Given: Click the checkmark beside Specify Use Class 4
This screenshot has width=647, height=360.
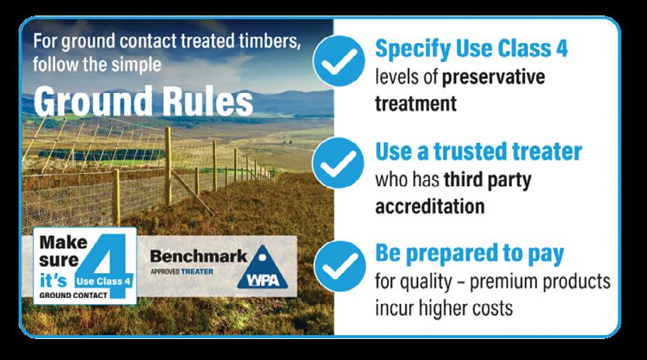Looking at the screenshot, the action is tap(339, 61).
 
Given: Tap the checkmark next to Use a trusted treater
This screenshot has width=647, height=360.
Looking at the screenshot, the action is tap(338, 163).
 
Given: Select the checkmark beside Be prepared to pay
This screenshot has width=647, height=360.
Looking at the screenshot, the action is tap(339, 266).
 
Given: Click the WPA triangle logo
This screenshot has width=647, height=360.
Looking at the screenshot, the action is tap(262, 268).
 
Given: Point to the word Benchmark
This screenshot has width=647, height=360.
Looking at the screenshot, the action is tap(199, 256).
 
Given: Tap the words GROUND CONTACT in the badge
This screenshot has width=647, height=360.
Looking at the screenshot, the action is tap(74, 295).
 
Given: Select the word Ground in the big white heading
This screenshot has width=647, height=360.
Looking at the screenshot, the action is tap(93, 102).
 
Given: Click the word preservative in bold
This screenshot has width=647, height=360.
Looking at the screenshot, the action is tap(493, 78).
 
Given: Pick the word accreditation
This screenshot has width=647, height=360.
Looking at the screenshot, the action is tap(430, 206).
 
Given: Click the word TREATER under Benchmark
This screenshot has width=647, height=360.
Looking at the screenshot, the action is tap(197, 272).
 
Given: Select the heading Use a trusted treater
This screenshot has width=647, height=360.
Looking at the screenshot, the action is tap(478, 151).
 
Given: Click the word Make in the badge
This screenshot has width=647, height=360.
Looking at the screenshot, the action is tap(63, 242).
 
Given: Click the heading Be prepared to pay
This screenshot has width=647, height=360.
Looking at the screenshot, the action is tap(469, 254).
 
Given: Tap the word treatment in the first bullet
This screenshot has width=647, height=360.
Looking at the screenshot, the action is tap(416, 104).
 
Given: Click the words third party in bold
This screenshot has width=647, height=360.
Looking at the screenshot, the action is tap(487, 181).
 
